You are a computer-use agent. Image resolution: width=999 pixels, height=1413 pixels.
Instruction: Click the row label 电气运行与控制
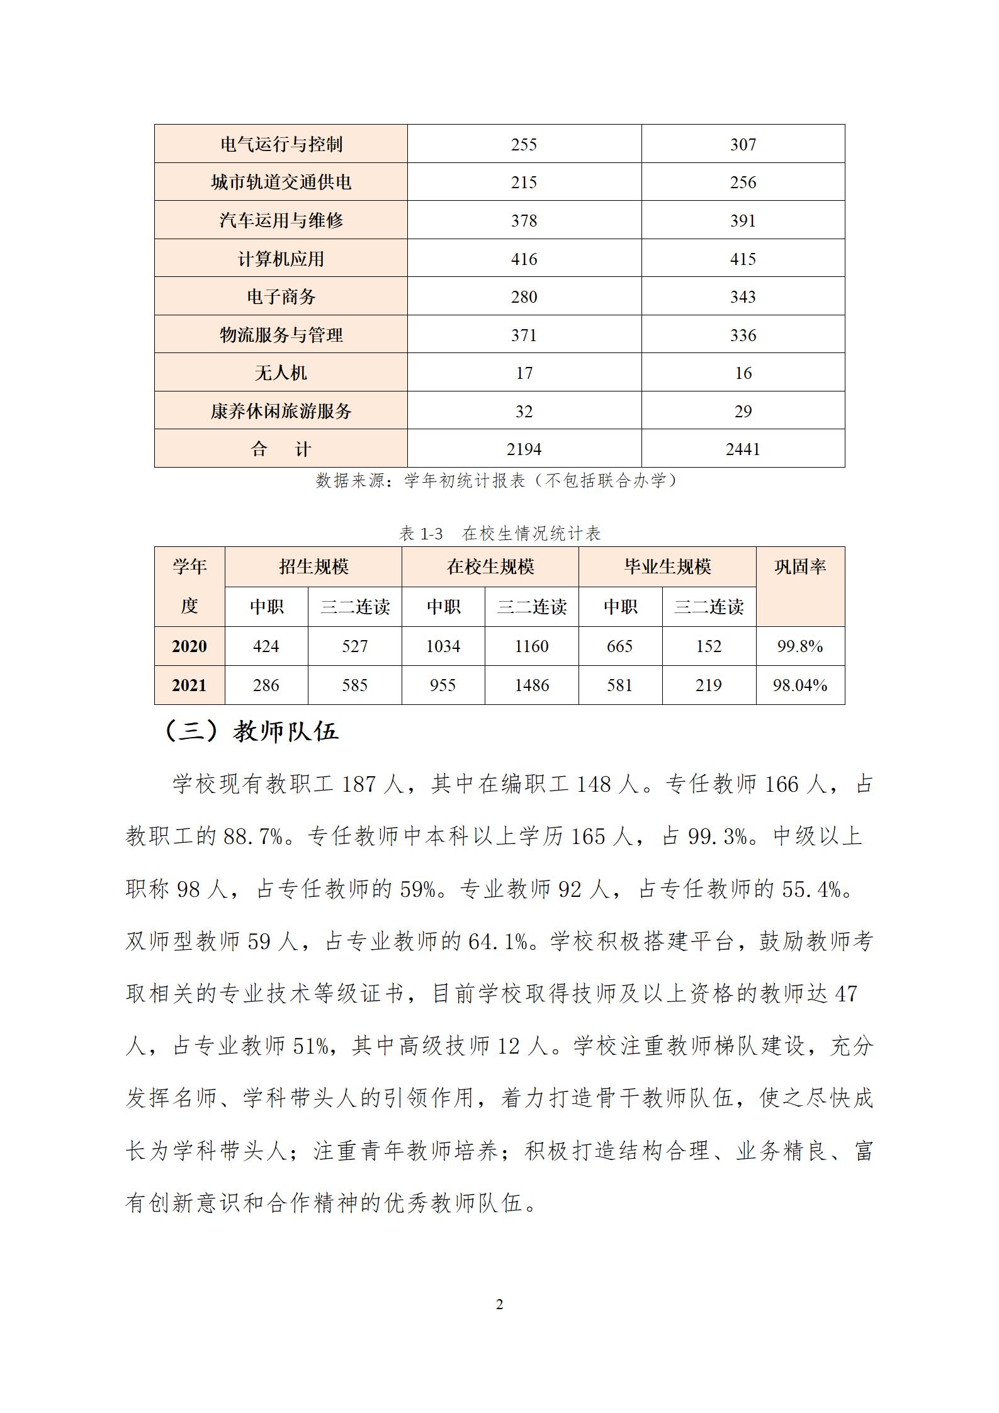click(x=281, y=144)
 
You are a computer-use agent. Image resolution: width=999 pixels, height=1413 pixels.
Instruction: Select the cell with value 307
click(x=743, y=144)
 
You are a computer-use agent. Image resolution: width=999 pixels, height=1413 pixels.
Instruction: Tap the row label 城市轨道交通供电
click(x=281, y=183)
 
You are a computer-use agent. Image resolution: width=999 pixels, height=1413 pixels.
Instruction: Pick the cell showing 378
click(x=524, y=220)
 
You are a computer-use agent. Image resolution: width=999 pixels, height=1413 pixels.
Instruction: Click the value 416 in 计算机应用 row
click(x=524, y=259)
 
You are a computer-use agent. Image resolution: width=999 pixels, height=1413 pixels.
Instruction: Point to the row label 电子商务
click(x=281, y=296)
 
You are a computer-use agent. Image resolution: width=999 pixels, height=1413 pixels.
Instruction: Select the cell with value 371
click(x=524, y=335)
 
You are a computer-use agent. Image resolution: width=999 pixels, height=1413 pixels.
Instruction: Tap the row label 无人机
click(x=281, y=373)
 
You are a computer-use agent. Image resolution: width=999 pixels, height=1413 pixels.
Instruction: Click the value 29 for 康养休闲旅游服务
click(x=743, y=411)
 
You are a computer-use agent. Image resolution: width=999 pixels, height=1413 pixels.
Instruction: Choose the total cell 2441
click(x=743, y=449)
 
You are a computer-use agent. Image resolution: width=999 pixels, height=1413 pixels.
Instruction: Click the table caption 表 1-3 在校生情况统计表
click(x=500, y=534)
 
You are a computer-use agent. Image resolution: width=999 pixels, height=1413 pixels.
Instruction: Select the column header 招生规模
click(x=313, y=566)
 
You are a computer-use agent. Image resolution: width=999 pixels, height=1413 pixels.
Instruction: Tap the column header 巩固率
click(x=800, y=566)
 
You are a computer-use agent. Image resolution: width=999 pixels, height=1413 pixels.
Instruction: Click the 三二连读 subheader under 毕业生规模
click(x=709, y=607)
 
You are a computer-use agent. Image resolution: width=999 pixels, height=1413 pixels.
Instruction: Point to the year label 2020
click(x=189, y=646)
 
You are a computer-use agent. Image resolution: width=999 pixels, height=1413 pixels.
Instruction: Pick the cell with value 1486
click(x=532, y=685)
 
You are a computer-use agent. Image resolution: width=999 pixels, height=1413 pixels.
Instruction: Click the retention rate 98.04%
click(x=800, y=685)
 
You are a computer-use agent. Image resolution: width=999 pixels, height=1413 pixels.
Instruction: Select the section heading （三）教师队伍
click(x=252, y=731)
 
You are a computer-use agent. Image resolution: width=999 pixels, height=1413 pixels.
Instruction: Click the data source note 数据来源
click(x=497, y=481)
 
